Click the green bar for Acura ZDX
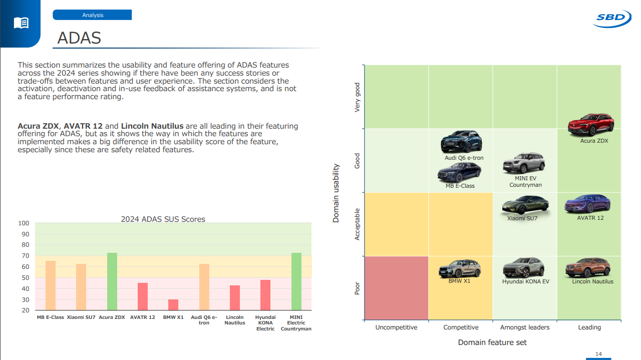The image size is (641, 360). pyautogui.click(x=112, y=281)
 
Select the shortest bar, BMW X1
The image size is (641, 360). pyautogui.click(x=173, y=305)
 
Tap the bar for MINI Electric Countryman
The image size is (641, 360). pyautogui.click(x=296, y=281)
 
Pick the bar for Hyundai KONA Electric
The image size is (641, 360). pyautogui.click(x=265, y=295)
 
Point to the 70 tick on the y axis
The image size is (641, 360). pyautogui.click(x=25, y=256)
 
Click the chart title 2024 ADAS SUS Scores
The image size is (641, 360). pyautogui.click(x=163, y=219)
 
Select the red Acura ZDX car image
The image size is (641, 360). pyautogui.click(x=591, y=125)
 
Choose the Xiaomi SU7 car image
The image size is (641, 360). pyautogui.click(x=525, y=205)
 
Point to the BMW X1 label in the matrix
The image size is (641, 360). pyautogui.click(x=459, y=281)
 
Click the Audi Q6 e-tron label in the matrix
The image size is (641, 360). pyautogui.click(x=464, y=158)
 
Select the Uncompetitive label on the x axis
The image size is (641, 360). pyautogui.click(x=396, y=327)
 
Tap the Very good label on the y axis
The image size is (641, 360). pyautogui.click(x=358, y=97)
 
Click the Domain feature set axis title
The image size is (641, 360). pyautogui.click(x=492, y=342)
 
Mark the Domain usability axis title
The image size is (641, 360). pyautogui.click(x=336, y=193)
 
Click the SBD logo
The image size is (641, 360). pyautogui.click(x=611, y=19)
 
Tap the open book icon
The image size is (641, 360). pyautogui.click(x=21, y=23)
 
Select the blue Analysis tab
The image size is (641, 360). pyautogui.click(x=92, y=15)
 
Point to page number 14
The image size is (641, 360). pyautogui.click(x=598, y=354)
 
